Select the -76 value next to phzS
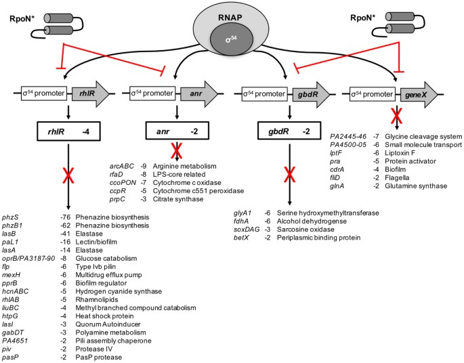[64, 217]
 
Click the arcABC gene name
[122, 166]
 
